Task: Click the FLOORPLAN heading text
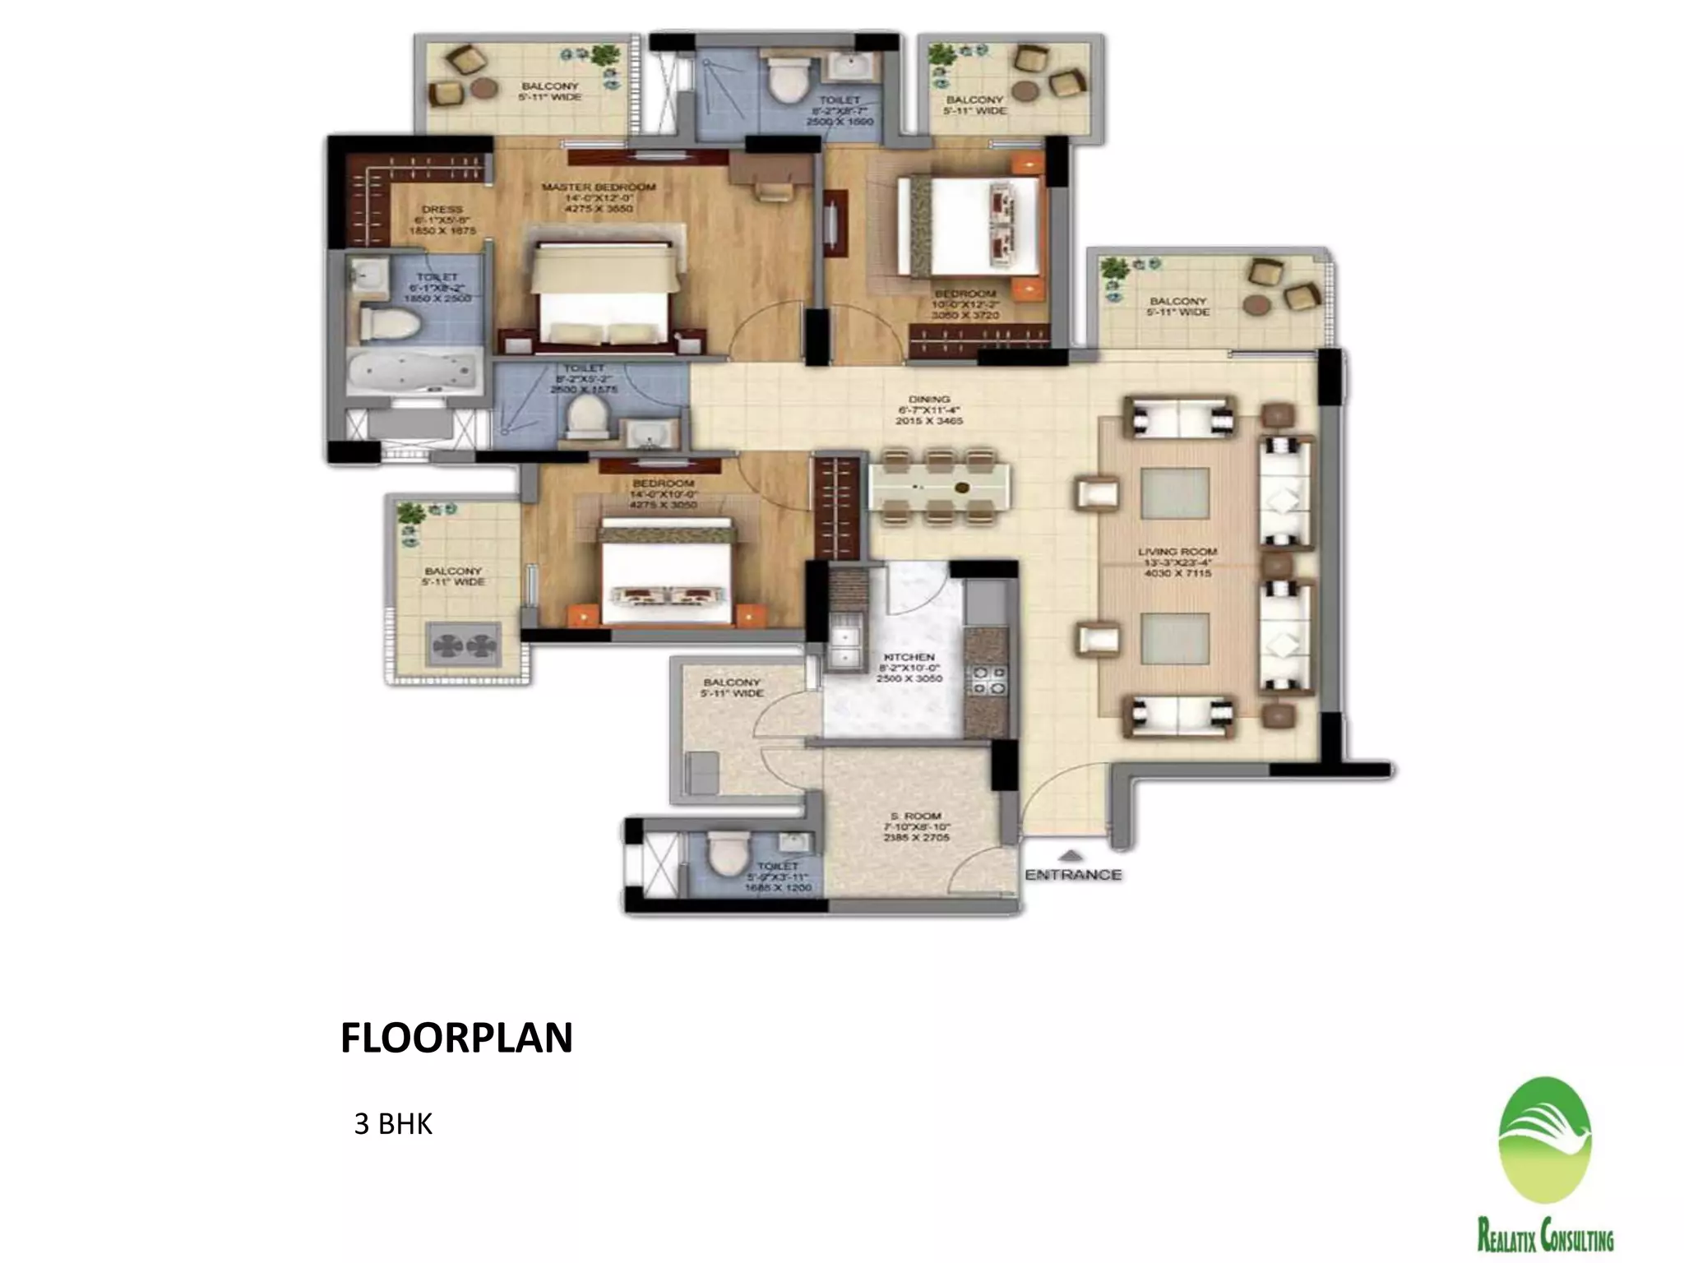tap(456, 1038)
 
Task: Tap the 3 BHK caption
tap(393, 1123)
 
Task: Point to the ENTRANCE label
tap(1073, 875)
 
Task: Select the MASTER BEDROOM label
tap(599, 187)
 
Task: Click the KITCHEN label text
tap(909, 657)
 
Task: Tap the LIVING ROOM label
tap(1177, 552)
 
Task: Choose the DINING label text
tap(929, 400)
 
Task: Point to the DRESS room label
tap(442, 210)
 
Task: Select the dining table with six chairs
tap(938, 488)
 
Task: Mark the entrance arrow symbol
tap(1071, 854)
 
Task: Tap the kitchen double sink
tap(844, 645)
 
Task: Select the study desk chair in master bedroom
tap(773, 190)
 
